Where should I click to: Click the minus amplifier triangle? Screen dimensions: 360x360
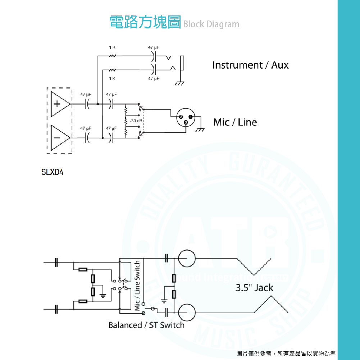pos(59,137)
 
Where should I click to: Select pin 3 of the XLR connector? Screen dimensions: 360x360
pos(186,123)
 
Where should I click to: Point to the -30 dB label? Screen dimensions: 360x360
pos(135,120)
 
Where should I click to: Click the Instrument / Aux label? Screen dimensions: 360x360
pos(250,65)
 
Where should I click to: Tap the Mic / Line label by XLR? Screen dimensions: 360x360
pos(235,122)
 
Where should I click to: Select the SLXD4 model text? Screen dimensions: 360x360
pos(53,172)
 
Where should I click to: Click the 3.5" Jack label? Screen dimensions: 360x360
pos(254,288)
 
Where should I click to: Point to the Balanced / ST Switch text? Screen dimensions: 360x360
pos(146,325)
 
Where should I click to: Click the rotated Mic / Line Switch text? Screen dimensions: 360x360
pos(137,286)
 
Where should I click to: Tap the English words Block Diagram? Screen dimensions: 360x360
pos(211,24)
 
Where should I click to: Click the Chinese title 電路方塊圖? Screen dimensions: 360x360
pos(145,22)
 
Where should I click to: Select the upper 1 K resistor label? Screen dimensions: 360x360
pos(112,47)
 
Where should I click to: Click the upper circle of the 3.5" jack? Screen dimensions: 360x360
pos(187,259)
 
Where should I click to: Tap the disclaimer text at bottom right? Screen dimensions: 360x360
pos(286,354)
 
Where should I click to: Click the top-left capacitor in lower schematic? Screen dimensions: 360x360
pos(56,263)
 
